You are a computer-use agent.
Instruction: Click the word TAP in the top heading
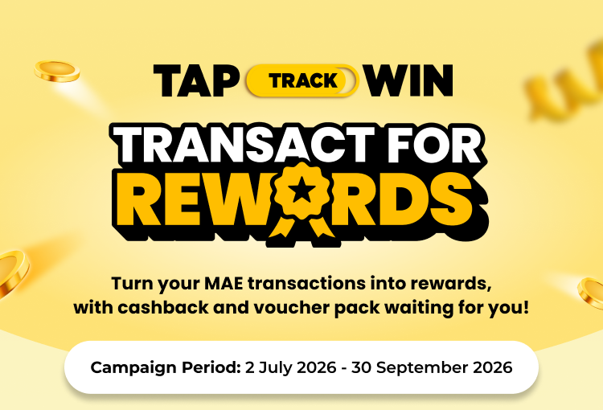pos(196,80)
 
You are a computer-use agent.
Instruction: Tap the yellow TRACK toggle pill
pos(302,80)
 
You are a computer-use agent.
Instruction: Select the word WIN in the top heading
pos(409,80)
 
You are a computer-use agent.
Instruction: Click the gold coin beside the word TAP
pos(57,72)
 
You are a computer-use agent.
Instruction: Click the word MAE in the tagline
pos(224,284)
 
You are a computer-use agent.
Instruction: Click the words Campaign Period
pos(166,367)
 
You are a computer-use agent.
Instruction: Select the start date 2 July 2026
pos(291,367)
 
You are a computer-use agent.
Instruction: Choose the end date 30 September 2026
pos(432,367)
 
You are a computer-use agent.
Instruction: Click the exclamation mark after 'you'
pos(526,308)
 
